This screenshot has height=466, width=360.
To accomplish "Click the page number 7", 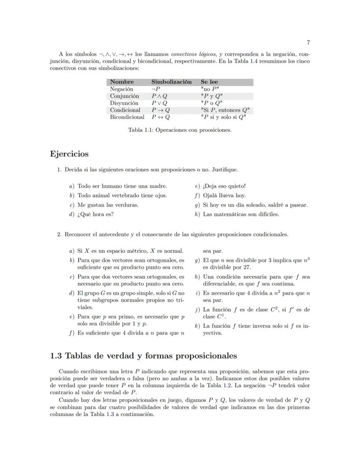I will point(308,42).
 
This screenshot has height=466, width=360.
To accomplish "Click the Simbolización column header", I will point(171,82).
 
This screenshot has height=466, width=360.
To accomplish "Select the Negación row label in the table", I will point(121,89).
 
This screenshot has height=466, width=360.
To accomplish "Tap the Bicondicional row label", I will point(127,117).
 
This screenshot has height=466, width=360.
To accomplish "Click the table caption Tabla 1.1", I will point(180,130).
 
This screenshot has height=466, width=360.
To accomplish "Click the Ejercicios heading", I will point(69,154).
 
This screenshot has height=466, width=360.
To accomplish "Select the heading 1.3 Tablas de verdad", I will point(143,355).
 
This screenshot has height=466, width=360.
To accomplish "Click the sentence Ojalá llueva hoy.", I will point(224,195).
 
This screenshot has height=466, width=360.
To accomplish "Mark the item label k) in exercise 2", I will point(198,325).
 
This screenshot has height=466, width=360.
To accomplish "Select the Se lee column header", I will point(209,82).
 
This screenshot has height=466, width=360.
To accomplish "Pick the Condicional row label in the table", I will point(125,110).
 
